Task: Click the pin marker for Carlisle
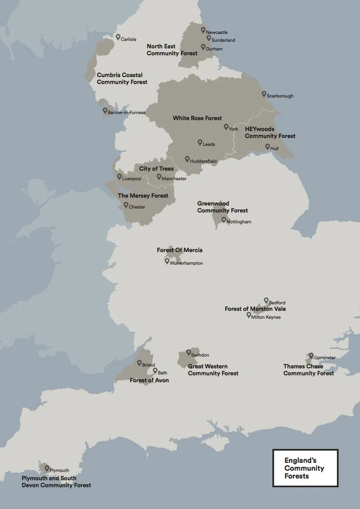pyautogui.click(x=118, y=37)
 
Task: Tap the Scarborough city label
pyautogui.click(x=280, y=96)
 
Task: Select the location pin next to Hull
pyautogui.click(x=268, y=147)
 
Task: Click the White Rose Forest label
pyautogui.click(x=197, y=118)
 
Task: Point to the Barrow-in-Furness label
pyautogui.click(x=126, y=112)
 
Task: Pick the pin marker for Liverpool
pyautogui.click(x=119, y=177)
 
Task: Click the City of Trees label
pyautogui.click(x=156, y=169)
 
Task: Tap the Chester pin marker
pyautogui.click(x=126, y=205)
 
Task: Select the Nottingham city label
pyautogui.click(x=239, y=222)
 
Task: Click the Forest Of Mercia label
pyautogui.click(x=180, y=250)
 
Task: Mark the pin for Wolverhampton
pyautogui.click(x=167, y=261)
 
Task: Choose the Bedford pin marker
pyautogui.click(x=266, y=300)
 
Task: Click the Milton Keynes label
pyautogui.click(x=266, y=317)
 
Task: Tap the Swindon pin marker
pyautogui.click(x=189, y=353)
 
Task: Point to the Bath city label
pyautogui.click(x=162, y=373)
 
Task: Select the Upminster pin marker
pyautogui.click(x=311, y=356)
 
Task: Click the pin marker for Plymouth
pyautogui.click(x=47, y=468)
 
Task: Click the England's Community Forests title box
pyautogui.click(x=305, y=468)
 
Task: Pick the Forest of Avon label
pyautogui.click(x=149, y=381)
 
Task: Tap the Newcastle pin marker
pyautogui.click(x=203, y=30)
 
